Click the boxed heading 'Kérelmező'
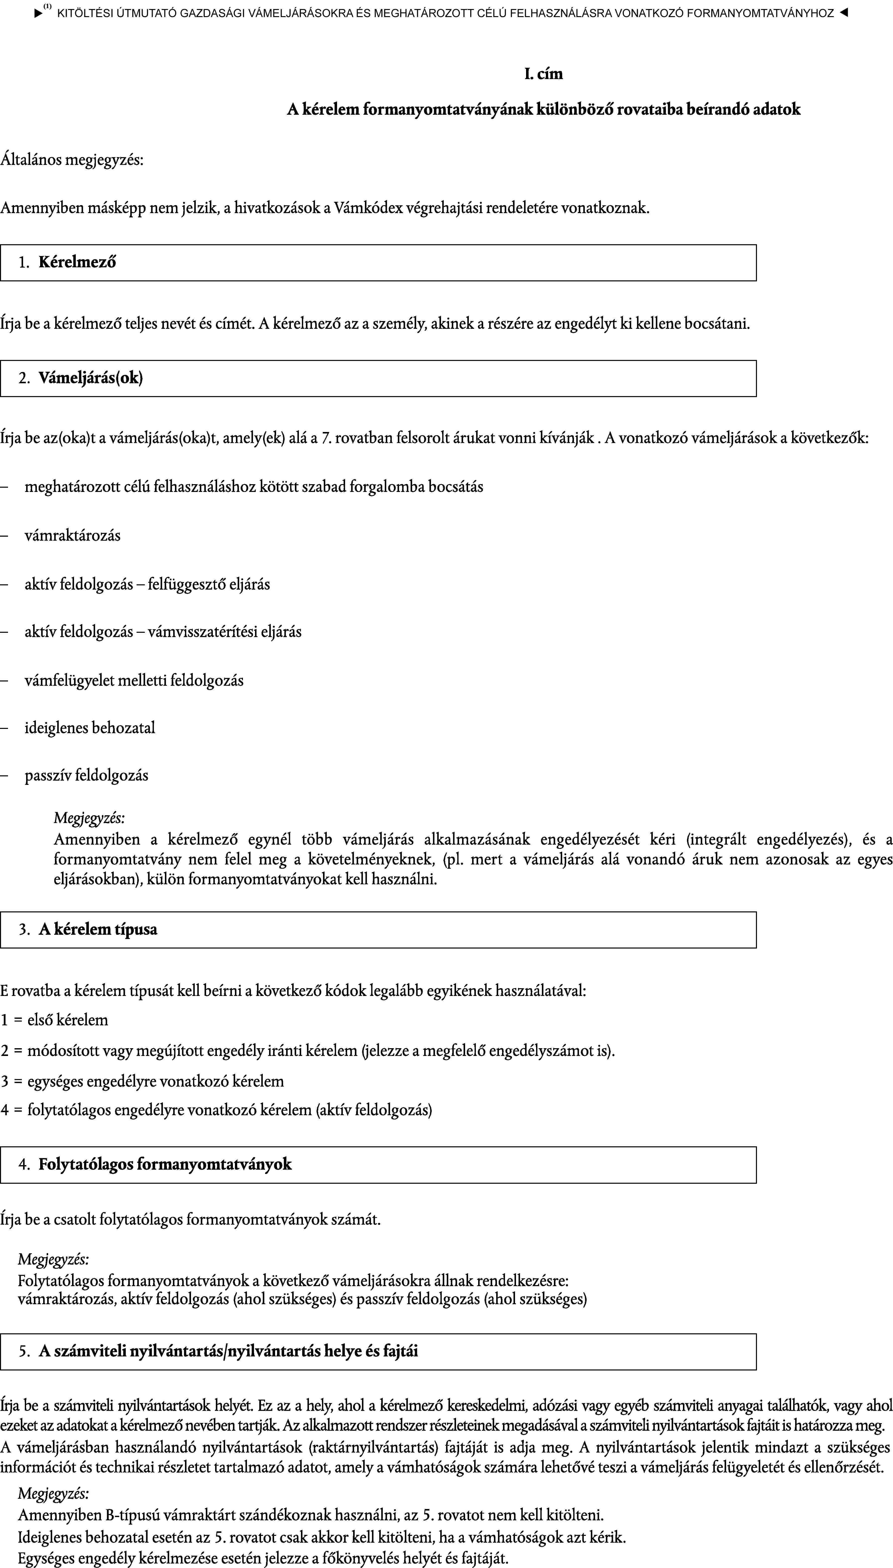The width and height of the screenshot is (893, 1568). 77,263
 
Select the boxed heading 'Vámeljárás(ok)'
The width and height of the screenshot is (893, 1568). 91,378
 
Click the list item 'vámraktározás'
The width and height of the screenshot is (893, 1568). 72,535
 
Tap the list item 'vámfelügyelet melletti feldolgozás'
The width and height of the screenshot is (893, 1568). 134,680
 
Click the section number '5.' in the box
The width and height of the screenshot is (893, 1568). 25,1351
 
